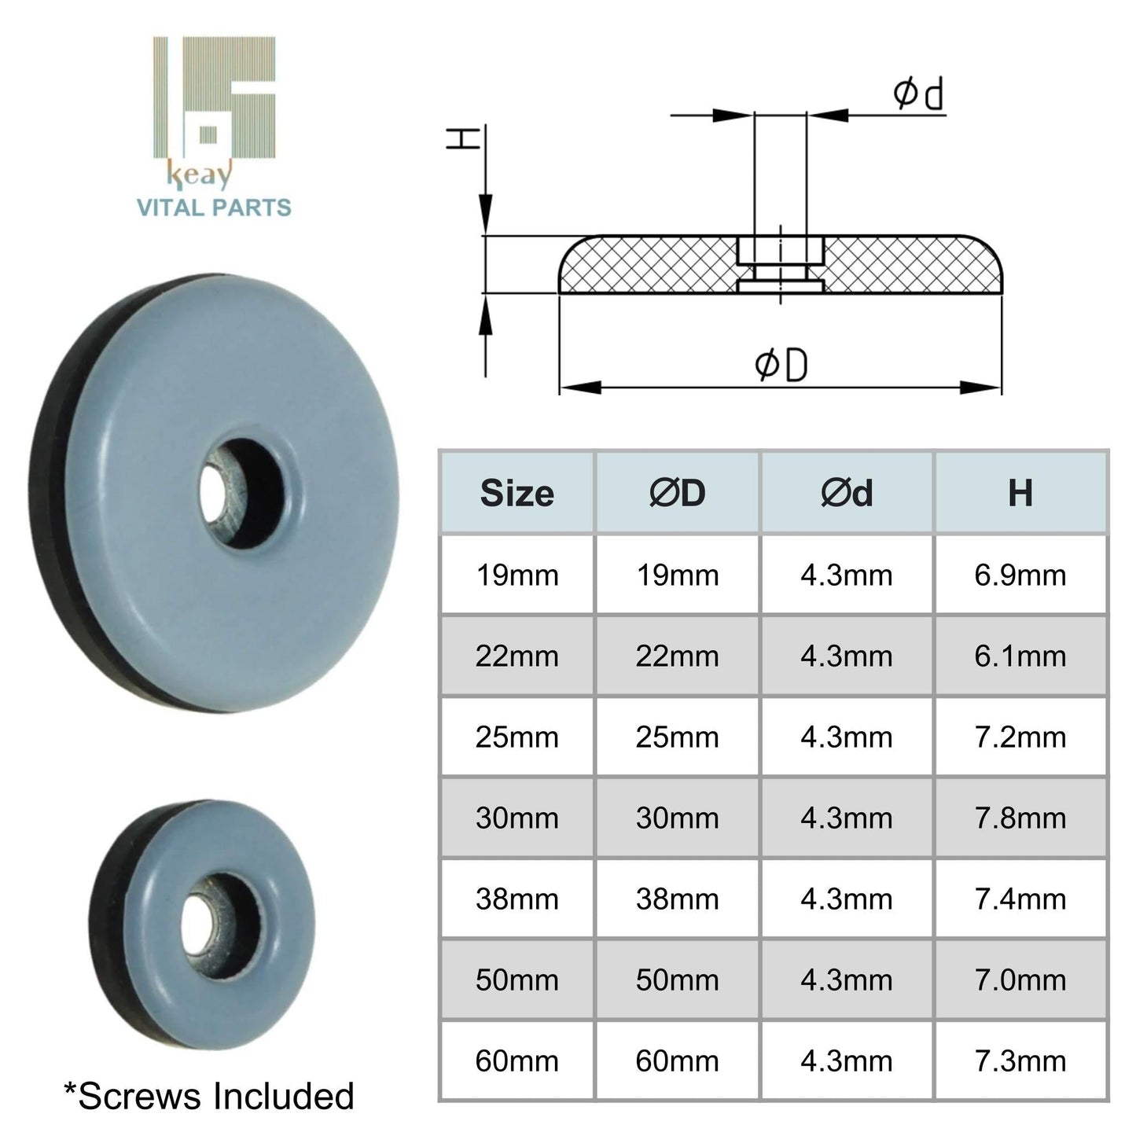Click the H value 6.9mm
tap(1020, 575)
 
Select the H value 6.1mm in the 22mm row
tap(1020, 656)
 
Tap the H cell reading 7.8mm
tap(1020, 818)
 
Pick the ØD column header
tap(677, 494)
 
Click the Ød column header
tap(847, 494)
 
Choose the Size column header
tap(517, 494)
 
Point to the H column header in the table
tap(1020, 494)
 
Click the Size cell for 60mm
tap(517, 1061)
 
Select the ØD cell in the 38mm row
tap(677, 899)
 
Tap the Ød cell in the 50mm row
tap(847, 980)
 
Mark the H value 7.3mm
tap(1020, 1061)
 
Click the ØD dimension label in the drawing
tap(781, 366)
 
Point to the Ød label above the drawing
tap(917, 94)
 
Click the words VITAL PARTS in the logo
tap(214, 208)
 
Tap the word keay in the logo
tap(200, 175)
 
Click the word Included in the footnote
tap(286, 1097)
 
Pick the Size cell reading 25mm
tap(517, 737)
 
